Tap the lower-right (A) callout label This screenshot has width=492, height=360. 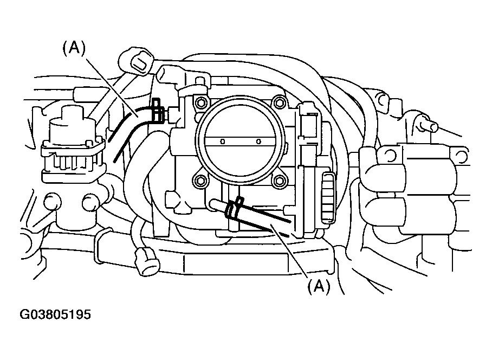(x=319, y=286)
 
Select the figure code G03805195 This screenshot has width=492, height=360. (x=55, y=315)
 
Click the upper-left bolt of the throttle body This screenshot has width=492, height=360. (x=201, y=102)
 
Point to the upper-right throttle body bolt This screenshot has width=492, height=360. (x=279, y=101)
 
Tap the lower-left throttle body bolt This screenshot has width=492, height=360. (x=201, y=181)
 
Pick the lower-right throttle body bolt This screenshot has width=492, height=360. (x=279, y=180)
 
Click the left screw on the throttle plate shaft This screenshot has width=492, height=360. (x=222, y=142)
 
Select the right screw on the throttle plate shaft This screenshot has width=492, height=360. (x=258, y=142)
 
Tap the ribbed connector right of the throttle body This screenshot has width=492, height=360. (x=328, y=197)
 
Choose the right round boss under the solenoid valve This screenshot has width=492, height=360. (x=89, y=204)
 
